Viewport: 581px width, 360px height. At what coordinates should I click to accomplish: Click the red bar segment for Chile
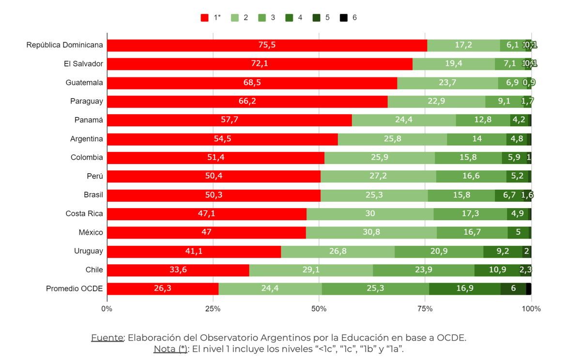(x=178, y=270)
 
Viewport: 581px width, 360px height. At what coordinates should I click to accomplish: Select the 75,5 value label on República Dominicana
(x=267, y=45)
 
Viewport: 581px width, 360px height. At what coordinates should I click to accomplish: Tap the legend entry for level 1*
(x=211, y=17)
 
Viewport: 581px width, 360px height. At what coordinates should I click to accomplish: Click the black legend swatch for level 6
(x=343, y=17)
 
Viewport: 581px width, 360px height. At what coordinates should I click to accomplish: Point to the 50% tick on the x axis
(x=319, y=309)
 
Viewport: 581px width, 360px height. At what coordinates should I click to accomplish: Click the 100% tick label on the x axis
(x=531, y=309)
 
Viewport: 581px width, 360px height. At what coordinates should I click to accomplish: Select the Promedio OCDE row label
(x=74, y=288)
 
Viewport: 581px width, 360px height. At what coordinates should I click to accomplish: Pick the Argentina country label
(x=86, y=139)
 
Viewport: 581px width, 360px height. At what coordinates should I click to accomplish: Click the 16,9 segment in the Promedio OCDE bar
(x=464, y=289)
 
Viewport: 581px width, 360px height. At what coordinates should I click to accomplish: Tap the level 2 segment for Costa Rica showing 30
(x=369, y=214)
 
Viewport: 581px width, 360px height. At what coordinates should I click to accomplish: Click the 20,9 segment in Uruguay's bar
(x=439, y=251)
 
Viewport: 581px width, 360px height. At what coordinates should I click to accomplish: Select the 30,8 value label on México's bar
(x=371, y=232)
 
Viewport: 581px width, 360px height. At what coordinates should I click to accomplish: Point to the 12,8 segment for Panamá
(x=483, y=120)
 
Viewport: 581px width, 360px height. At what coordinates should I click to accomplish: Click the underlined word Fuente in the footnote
(x=107, y=338)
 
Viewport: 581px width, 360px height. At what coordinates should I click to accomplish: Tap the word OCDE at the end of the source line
(x=453, y=338)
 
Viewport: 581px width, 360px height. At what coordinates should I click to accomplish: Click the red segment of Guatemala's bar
(x=252, y=83)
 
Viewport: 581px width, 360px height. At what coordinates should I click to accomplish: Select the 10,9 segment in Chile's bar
(x=497, y=270)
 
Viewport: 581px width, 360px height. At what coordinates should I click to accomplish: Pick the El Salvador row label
(x=83, y=64)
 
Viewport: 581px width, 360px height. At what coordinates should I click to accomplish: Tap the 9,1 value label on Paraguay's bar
(x=504, y=102)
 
